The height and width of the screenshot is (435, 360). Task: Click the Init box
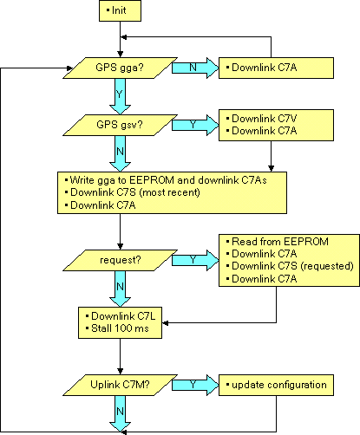[x=120, y=10]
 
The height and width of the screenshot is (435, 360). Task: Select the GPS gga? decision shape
[x=120, y=68]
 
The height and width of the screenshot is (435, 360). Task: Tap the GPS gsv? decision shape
[x=120, y=125]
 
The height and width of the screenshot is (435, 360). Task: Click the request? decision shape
[x=120, y=260]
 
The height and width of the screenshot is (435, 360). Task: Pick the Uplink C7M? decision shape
[x=120, y=385]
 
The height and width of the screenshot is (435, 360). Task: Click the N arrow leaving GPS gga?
[x=195, y=68]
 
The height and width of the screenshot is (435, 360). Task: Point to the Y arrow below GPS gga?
[x=120, y=96]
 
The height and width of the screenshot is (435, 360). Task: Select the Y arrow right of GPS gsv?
[x=195, y=125]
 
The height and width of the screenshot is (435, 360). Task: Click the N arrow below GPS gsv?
[x=120, y=153]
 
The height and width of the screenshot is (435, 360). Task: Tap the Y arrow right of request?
[x=195, y=260]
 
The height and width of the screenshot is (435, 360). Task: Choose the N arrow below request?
[x=120, y=289]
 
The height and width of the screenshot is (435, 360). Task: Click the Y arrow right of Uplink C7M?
[x=195, y=385]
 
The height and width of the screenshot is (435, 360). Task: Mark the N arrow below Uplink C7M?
[x=120, y=414]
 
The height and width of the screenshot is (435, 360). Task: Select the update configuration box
[x=276, y=385]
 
